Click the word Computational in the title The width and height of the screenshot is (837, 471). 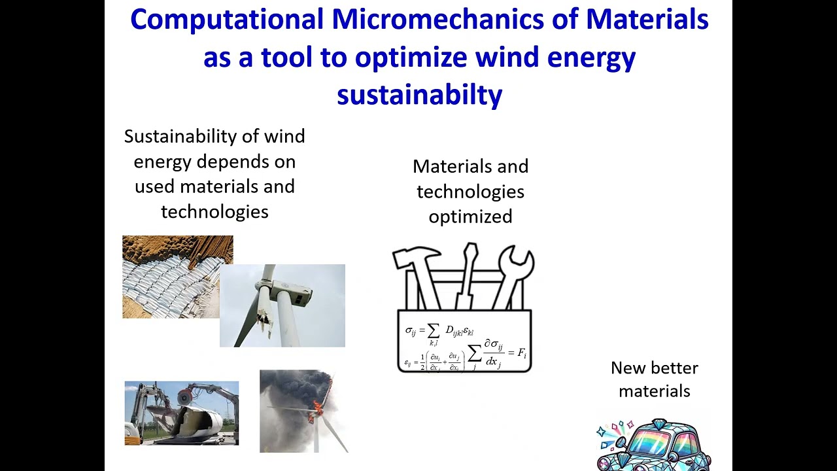[x=226, y=20]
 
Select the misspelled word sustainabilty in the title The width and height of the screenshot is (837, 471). [x=419, y=95]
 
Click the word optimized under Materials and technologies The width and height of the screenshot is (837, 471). [x=470, y=217]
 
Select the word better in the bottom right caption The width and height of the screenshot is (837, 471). [x=675, y=368]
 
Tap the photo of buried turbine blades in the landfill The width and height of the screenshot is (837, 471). [x=177, y=277]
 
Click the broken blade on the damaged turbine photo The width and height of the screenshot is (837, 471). [x=264, y=307]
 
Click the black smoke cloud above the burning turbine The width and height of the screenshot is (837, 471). [x=294, y=389]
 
